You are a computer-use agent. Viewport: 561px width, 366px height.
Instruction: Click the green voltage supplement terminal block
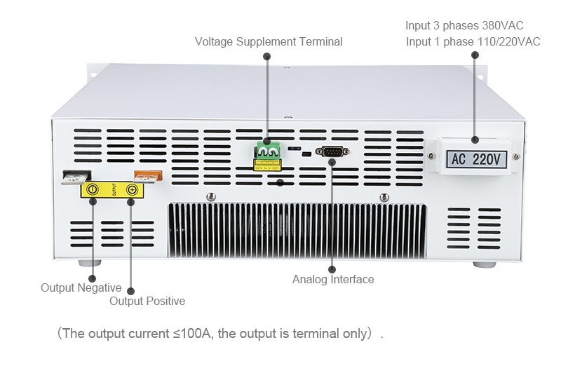[x=267, y=151]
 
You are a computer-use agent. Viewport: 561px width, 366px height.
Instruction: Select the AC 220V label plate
[x=475, y=159]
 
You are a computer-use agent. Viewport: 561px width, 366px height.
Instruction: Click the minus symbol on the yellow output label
[x=93, y=190]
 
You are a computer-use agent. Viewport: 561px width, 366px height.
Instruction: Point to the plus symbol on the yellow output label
[x=131, y=190]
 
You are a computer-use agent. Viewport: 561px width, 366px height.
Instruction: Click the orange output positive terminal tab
[x=148, y=177]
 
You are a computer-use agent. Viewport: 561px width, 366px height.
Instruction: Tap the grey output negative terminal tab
[x=75, y=177]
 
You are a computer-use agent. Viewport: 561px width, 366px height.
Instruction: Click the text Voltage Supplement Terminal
[x=269, y=42]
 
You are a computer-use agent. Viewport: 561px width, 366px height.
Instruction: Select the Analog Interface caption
[x=333, y=280]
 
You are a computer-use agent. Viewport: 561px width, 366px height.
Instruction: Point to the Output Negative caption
[x=81, y=288]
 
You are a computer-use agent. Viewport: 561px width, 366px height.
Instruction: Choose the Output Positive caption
[x=147, y=301]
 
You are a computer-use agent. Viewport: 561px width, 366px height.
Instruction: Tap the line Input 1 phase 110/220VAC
[x=473, y=42]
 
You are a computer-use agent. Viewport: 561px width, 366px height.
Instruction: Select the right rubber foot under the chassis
[x=483, y=264]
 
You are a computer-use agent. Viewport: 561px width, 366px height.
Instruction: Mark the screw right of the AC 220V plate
[x=517, y=156]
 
